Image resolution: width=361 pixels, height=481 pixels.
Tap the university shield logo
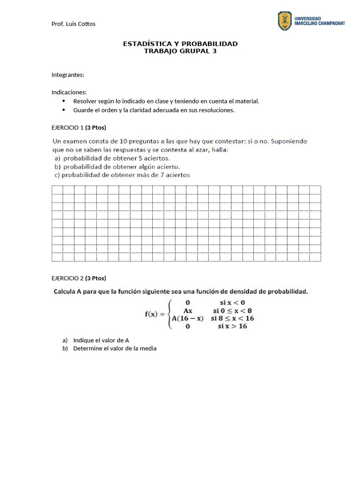pos(285,21)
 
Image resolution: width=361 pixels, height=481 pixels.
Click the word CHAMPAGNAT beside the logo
pos(327,23)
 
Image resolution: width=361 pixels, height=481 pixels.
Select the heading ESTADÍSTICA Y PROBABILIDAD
pos(180,44)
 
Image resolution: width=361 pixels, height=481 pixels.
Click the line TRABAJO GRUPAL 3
pos(180,51)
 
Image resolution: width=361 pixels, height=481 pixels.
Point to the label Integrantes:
pos(68,75)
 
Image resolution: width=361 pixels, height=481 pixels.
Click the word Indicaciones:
pos(69,92)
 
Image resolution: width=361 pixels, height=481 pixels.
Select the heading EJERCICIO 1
pos(68,127)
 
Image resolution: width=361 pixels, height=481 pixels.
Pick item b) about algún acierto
pos(117,166)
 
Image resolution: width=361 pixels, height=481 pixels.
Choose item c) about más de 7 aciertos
pos(122,175)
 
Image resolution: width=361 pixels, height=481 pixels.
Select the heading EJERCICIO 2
pos(68,278)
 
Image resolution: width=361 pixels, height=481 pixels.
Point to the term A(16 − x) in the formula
pos(188,318)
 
